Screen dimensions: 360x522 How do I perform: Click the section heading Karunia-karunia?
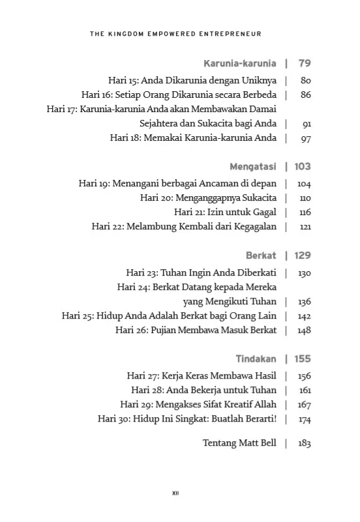click(x=240, y=64)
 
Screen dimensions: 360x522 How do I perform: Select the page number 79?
click(x=304, y=64)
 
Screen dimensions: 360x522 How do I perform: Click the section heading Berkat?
click(x=261, y=255)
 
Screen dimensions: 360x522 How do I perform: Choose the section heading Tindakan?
click(x=256, y=358)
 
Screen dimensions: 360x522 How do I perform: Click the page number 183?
click(x=304, y=443)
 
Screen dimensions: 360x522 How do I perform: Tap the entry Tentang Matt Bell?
click(x=239, y=443)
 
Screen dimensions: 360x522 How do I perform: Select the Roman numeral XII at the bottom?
click(x=175, y=493)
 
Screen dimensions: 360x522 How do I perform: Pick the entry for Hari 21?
click(x=226, y=212)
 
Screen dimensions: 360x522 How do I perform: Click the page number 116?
click(x=305, y=212)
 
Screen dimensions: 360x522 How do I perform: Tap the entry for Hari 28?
click(x=203, y=390)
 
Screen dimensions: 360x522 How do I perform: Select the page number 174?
click(x=305, y=419)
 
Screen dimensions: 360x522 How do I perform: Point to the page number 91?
click(x=306, y=124)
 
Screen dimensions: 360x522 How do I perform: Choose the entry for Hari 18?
click(x=193, y=138)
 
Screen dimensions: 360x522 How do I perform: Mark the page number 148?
click(x=304, y=330)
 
